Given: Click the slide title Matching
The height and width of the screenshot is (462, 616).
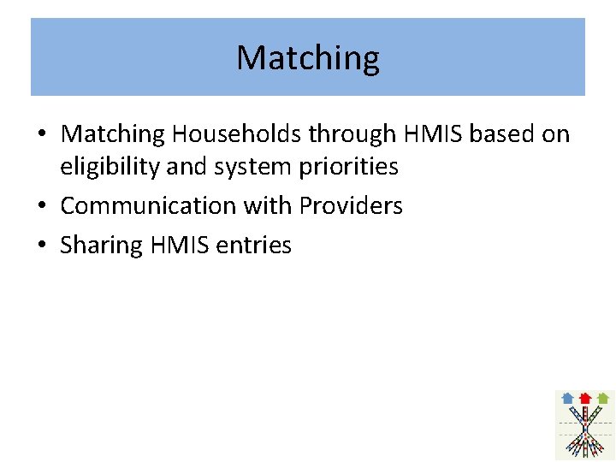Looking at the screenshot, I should [308, 58].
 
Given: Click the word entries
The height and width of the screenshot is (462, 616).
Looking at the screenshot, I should [254, 246].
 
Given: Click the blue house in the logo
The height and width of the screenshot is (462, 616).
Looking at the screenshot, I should [567, 398].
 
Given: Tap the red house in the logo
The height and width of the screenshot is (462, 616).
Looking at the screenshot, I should [585, 398].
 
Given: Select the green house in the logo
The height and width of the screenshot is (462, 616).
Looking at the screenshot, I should [603, 398].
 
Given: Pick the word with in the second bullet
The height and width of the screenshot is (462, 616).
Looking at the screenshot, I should [268, 206].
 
